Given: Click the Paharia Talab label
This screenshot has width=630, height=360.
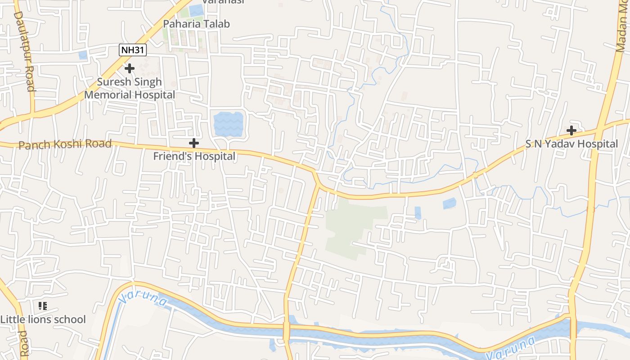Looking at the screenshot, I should [x=196, y=24].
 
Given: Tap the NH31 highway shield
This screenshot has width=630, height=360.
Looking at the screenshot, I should [x=133, y=49].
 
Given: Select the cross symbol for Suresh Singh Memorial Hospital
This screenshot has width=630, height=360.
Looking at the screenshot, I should [x=130, y=68].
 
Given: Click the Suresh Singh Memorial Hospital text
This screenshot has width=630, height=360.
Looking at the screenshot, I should [x=130, y=89].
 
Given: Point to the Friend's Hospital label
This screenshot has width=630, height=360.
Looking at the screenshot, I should [x=194, y=156].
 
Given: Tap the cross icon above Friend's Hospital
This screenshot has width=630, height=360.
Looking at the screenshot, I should [x=194, y=143].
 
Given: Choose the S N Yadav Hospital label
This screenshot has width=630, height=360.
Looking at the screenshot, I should [x=571, y=144].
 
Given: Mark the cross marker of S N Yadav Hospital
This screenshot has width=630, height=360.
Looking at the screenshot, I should [x=571, y=130].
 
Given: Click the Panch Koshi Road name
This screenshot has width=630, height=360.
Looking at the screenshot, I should [x=65, y=144].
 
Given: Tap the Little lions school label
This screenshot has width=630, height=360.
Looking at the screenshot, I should [x=43, y=319].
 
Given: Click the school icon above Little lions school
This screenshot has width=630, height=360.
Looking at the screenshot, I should [x=43, y=306].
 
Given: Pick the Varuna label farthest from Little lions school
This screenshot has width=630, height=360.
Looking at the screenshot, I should [x=511, y=348].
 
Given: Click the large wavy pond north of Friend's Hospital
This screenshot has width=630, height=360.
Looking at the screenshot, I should [x=228, y=125].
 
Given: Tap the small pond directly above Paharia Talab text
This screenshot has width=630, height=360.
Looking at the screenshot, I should [x=196, y=10].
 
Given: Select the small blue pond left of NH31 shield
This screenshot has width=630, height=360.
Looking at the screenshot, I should [x=83, y=55].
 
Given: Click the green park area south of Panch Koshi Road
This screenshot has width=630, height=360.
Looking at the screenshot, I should [x=351, y=229].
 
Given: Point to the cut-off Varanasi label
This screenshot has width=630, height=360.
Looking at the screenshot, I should [x=223, y=2].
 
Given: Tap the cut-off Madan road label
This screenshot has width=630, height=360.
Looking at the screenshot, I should [x=623, y=27].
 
